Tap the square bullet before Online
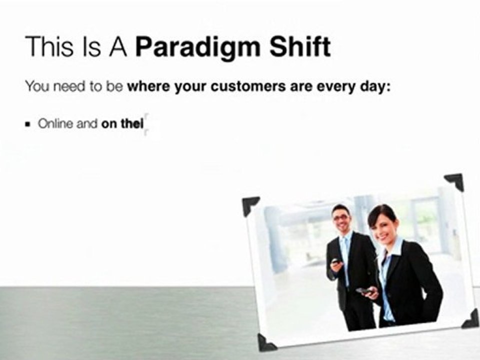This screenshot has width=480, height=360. tap(28, 124)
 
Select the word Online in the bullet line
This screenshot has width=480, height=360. tap(55, 123)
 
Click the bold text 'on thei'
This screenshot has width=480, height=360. tap(122, 123)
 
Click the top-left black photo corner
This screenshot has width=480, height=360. tap(250, 205)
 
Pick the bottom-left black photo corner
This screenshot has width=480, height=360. tap(266, 342)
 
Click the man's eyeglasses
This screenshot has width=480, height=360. tap(341, 217)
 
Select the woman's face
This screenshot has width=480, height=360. tap(383, 226)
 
